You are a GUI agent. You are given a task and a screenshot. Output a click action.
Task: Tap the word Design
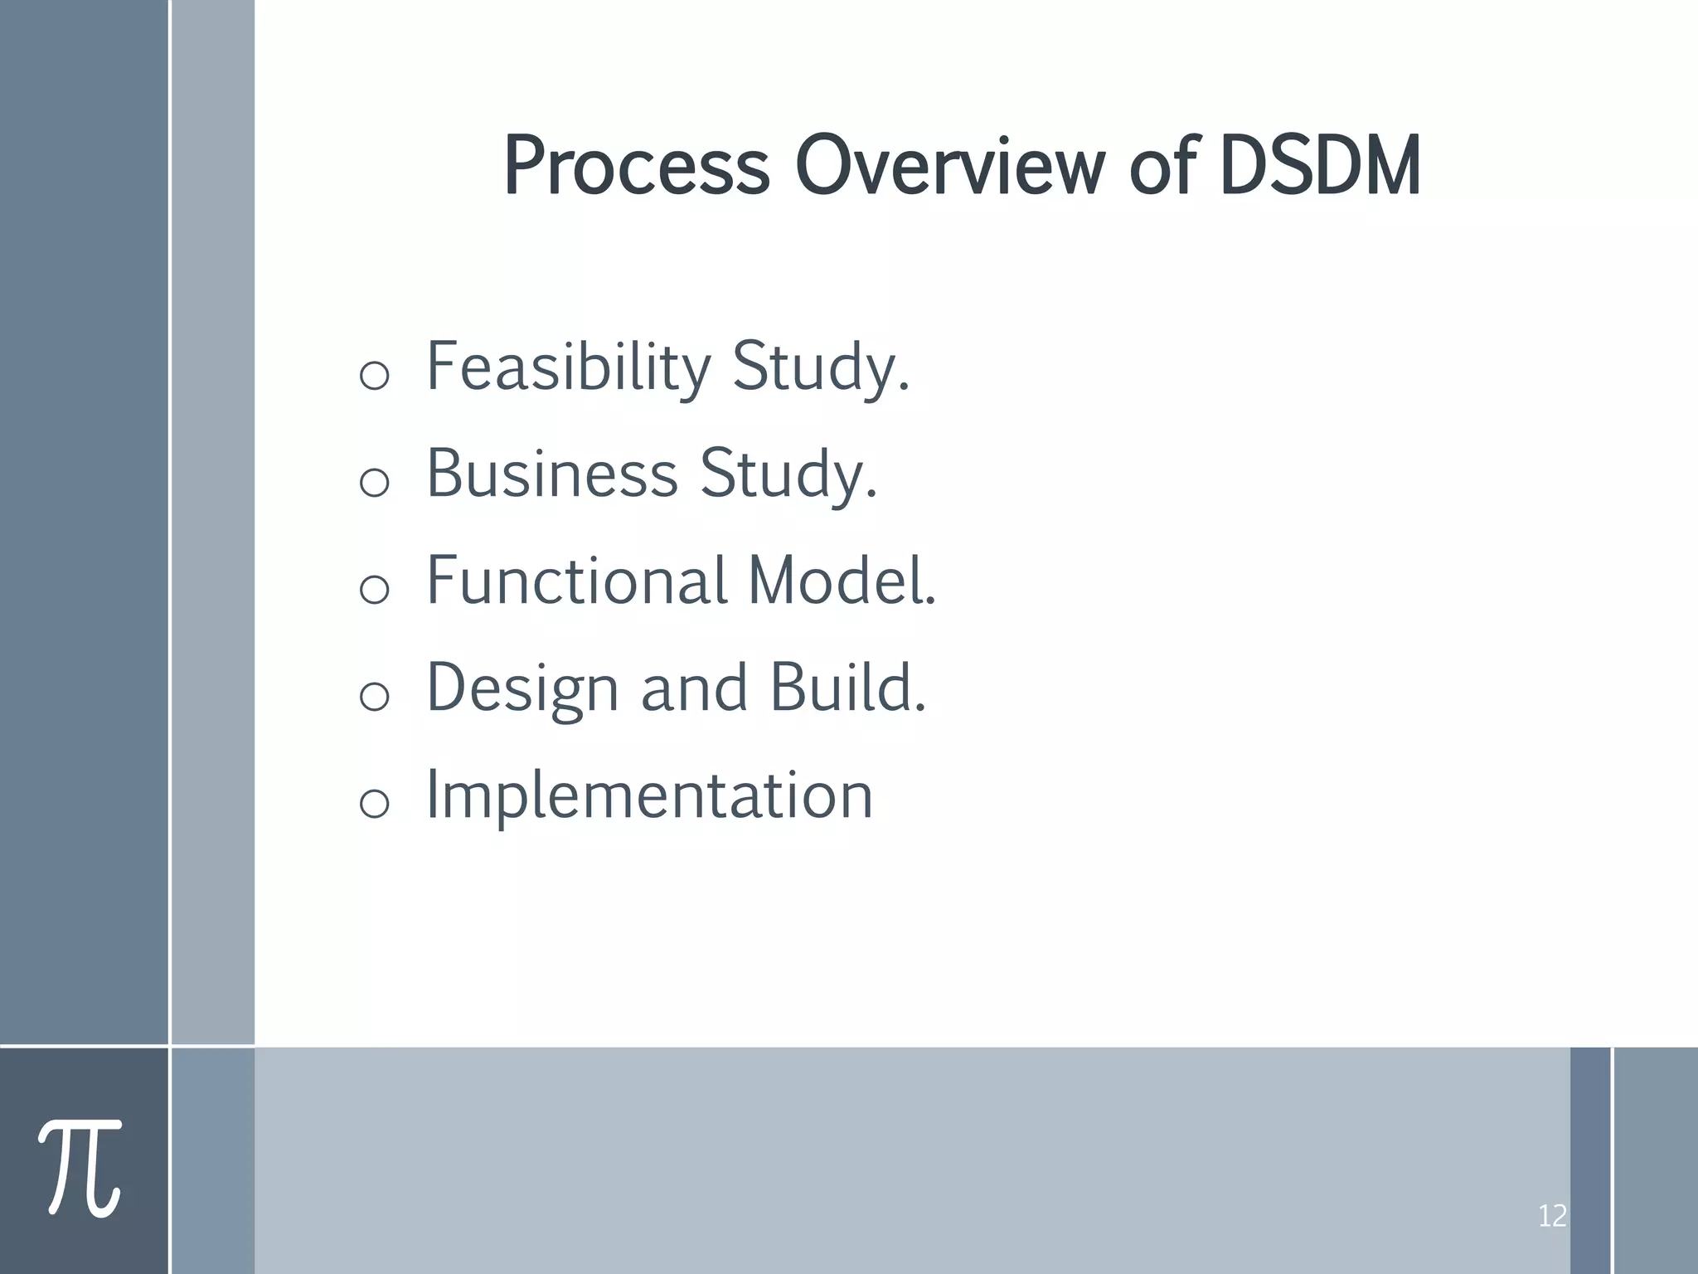tap(522, 688)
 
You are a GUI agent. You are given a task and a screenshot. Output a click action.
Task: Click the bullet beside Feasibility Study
tap(375, 376)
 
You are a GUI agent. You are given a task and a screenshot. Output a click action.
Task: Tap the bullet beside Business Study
tap(375, 482)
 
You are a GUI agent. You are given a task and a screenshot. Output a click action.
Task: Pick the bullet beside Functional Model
tap(375, 589)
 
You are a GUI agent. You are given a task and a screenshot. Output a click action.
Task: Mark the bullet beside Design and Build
tap(375, 696)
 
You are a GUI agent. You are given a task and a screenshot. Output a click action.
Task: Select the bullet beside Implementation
tap(375, 803)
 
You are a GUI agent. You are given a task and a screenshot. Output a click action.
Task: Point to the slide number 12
tap(1551, 1217)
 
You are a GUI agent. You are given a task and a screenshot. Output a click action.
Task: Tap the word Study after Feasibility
tap(821, 368)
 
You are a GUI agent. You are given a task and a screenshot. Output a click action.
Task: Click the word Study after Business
tap(788, 475)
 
